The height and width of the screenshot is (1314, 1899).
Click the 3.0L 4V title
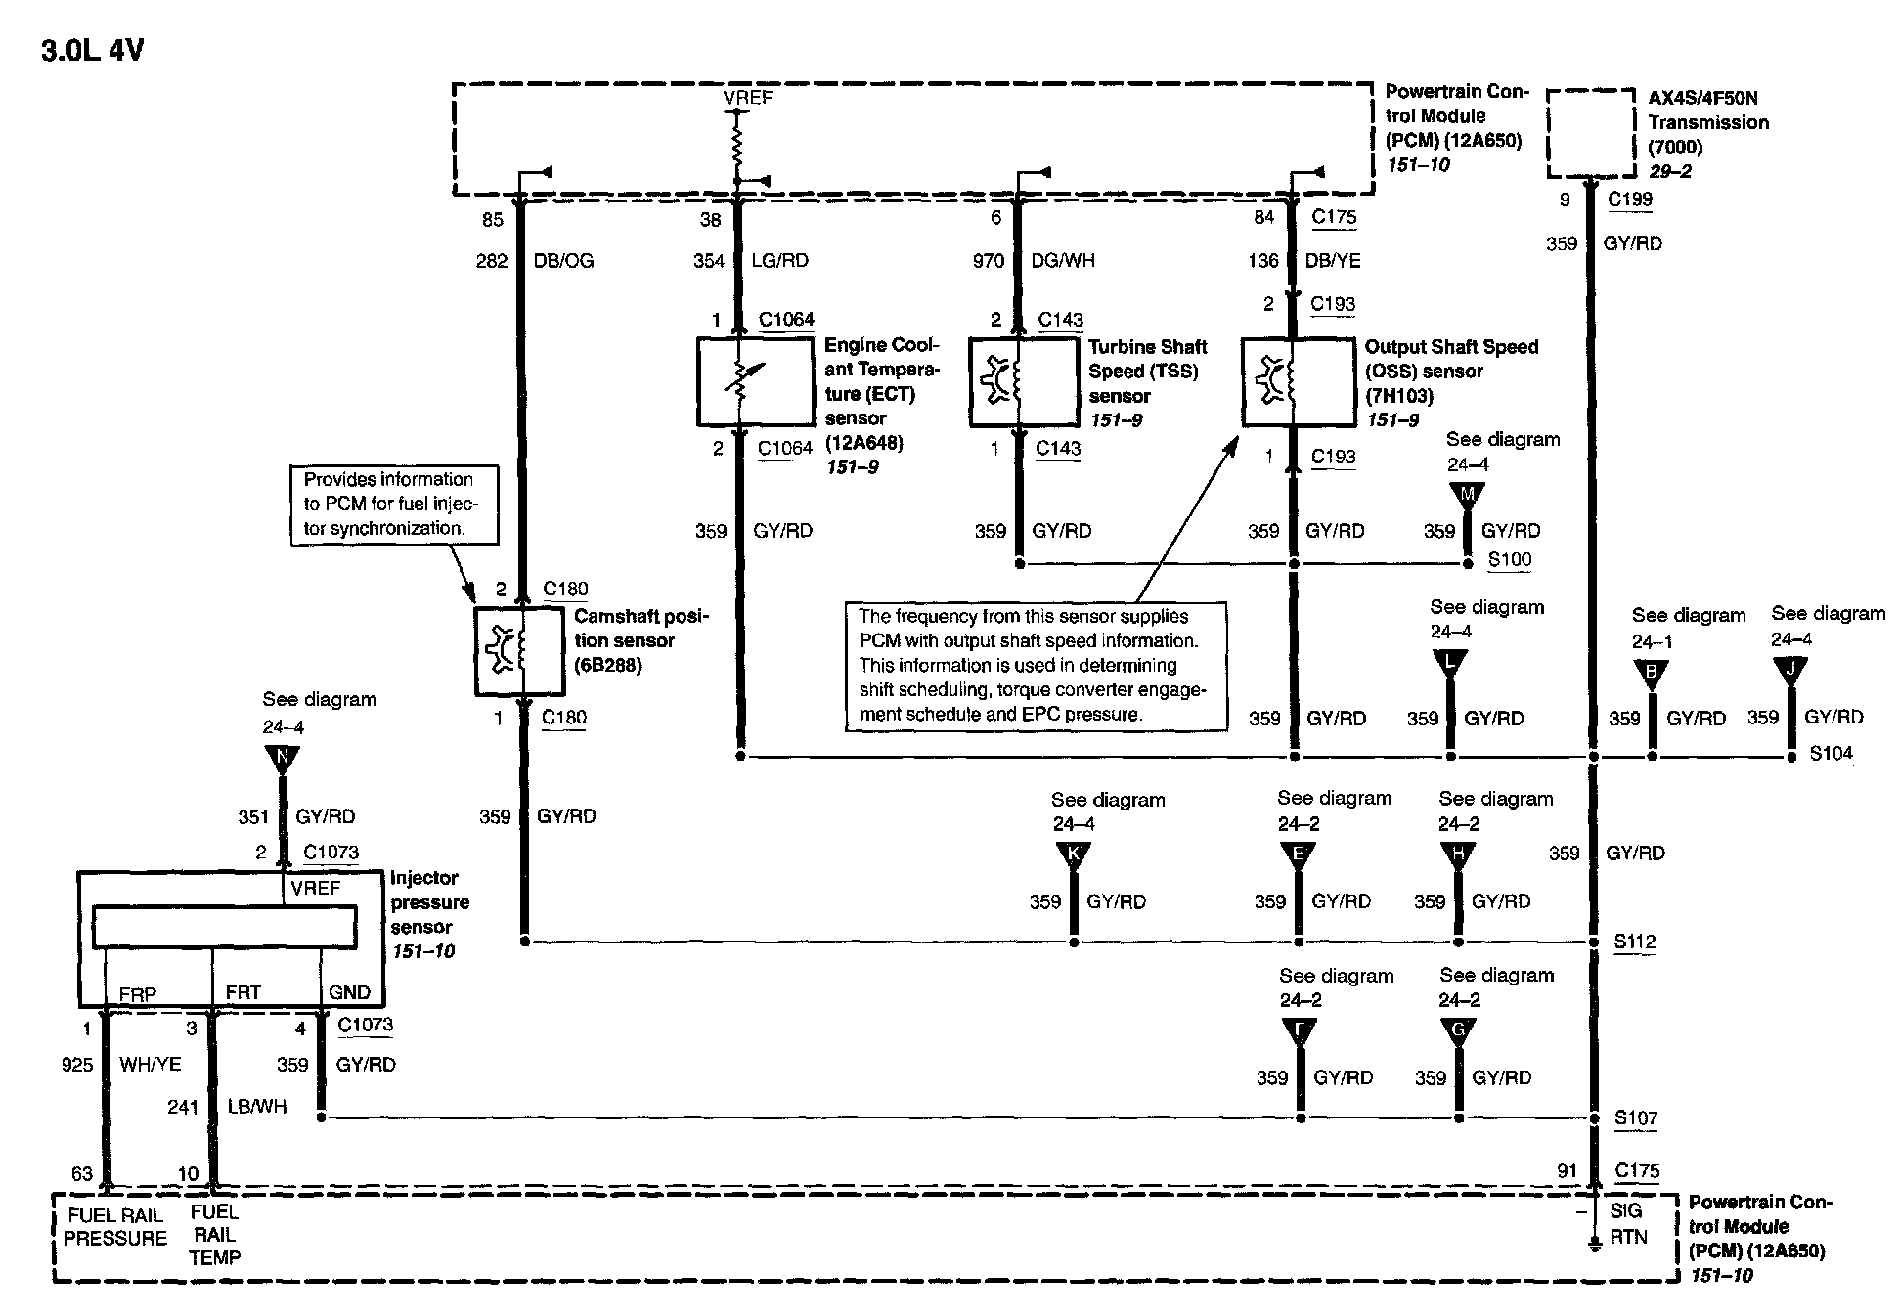[x=92, y=51]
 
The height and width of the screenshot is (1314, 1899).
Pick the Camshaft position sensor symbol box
[x=519, y=651]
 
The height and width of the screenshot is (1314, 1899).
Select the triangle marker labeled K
[x=1074, y=854]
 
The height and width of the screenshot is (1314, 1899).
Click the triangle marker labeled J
[x=1790, y=670]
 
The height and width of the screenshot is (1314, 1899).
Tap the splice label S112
[x=1635, y=942]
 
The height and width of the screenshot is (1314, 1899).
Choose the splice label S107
[x=1635, y=1117]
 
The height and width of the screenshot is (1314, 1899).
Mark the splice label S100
[x=1510, y=560]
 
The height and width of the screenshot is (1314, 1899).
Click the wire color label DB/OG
[x=563, y=261]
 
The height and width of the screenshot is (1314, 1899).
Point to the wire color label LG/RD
[x=779, y=261]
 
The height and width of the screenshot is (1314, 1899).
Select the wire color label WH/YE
[x=150, y=1064]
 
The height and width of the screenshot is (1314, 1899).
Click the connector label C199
[x=1630, y=199]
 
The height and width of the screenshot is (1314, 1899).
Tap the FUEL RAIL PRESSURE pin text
[x=115, y=1227]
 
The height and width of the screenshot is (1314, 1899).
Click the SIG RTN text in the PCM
[x=1628, y=1224]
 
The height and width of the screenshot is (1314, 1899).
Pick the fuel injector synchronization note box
[x=394, y=504]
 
